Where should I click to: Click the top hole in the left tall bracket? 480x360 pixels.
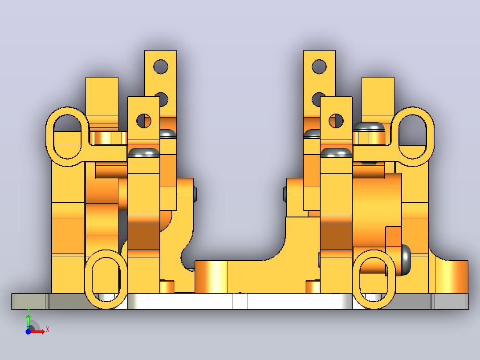pyautogui.click(x=161, y=67)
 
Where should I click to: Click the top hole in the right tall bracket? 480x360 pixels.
pyautogui.click(x=319, y=67)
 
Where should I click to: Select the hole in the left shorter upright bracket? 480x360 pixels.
pyautogui.click(x=144, y=121)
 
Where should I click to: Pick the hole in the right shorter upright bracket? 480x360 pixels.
pyautogui.click(x=336, y=121)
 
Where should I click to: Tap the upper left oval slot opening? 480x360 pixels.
pyautogui.click(x=67, y=137)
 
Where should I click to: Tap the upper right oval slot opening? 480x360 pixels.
pyautogui.click(x=413, y=137)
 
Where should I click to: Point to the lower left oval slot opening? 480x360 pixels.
pyautogui.click(x=106, y=279)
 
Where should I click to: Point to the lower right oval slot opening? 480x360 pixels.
pyautogui.click(x=374, y=279)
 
